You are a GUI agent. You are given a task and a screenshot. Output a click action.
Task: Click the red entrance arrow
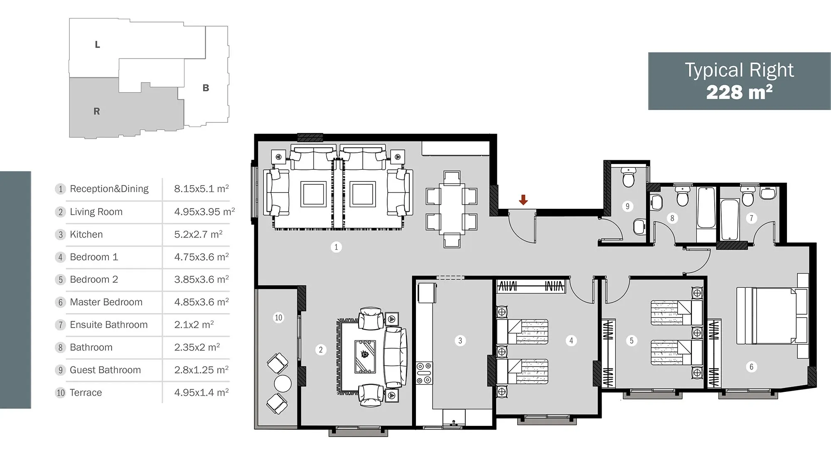tap(523, 200)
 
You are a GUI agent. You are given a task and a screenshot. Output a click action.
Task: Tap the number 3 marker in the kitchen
tap(460, 341)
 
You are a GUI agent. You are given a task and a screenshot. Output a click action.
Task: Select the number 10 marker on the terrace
tap(278, 318)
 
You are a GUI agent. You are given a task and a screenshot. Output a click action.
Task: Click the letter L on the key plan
tap(97, 44)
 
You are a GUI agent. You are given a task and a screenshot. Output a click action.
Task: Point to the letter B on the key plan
tap(206, 88)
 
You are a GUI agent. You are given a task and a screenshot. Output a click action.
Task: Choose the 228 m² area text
tap(739, 92)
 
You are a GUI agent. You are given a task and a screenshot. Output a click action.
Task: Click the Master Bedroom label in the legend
tap(106, 302)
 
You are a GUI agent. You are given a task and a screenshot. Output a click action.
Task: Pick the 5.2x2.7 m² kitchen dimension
tap(198, 234)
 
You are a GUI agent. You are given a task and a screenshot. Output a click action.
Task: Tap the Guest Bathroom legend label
tap(105, 370)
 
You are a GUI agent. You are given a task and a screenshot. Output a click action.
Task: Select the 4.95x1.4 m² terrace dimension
tap(202, 392)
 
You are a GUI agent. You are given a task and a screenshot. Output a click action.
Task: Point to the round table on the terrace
tap(283, 384)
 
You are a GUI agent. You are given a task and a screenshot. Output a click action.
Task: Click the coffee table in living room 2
tap(365, 357)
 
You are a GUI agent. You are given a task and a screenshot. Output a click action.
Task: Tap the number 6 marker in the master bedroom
tap(751, 367)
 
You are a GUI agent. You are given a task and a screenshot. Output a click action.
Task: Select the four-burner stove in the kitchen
tap(424, 373)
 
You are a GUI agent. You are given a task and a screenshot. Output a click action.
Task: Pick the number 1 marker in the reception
tap(336, 247)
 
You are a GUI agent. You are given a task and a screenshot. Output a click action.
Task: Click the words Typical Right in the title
tap(739, 70)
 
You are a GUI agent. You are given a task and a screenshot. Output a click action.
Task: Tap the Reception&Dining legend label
tap(109, 189)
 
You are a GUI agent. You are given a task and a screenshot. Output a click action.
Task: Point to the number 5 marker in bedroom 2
tap(632, 341)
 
